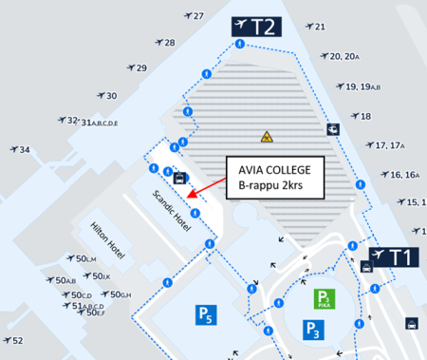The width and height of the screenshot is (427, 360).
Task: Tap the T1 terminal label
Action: pos(392,257)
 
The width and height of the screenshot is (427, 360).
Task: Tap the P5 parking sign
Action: pos(205,314)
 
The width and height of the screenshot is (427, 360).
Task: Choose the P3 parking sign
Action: pos(314,330)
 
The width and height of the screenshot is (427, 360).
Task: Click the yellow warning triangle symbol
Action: pos(268,137)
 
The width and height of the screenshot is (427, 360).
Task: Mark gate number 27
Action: pos(198,16)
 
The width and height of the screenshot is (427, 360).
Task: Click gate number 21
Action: pos(320,27)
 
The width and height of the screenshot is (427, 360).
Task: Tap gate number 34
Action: pos(25,150)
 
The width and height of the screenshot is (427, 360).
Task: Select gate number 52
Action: pos(17,339)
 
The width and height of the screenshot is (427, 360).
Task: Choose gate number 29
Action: pos(141,68)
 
